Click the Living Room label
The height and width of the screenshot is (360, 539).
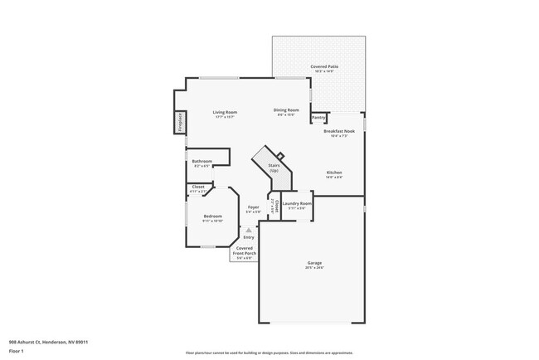pyautogui.click(x=225, y=112)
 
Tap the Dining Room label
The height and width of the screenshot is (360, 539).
pyautogui.click(x=286, y=110)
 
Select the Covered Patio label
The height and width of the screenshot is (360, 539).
pyautogui.click(x=323, y=66)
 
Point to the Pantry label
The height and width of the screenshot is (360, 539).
pyautogui.click(x=318, y=118)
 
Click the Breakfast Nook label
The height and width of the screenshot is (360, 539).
pyautogui.click(x=339, y=131)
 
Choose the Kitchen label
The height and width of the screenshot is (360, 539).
pyautogui.click(x=334, y=172)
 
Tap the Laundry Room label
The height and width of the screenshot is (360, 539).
pyautogui.click(x=296, y=203)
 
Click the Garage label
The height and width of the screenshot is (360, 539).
pyautogui.click(x=314, y=263)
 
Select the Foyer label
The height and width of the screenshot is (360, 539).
pyautogui.click(x=253, y=207)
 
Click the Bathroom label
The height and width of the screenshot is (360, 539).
pyautogui.click(x=202, y=161)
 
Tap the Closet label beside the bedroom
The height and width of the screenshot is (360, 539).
pyautogui.click(x=198, y=187)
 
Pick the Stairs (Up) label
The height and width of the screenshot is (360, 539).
pyautogui.click(x=274, y=167)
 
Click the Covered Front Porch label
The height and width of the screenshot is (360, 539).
pyautogui.click(x=245, y=251)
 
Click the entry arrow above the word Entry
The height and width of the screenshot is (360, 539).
pyautogui.click(x=248, y=231)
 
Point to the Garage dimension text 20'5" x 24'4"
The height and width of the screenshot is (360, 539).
pyautogui.click(x=314, y=268)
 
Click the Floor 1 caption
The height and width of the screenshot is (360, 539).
pyautogui.click(x=17, y=351)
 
